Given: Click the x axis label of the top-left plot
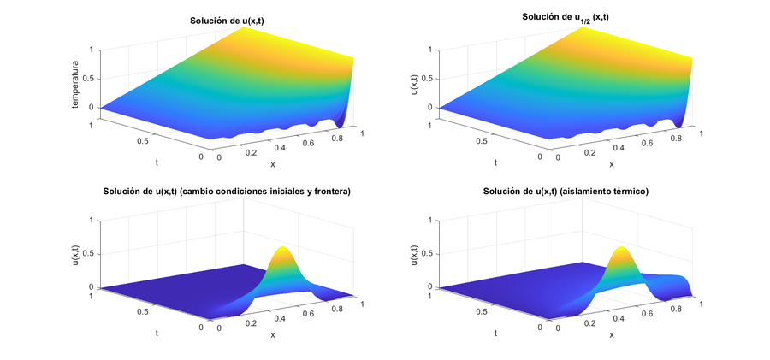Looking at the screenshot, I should pyautogui.click(x=272, y=163).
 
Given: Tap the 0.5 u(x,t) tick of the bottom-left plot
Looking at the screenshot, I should pyautogui.click(x=92, y=254).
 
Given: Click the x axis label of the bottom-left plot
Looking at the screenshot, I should pyautogui.click(x=272, y=334).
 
